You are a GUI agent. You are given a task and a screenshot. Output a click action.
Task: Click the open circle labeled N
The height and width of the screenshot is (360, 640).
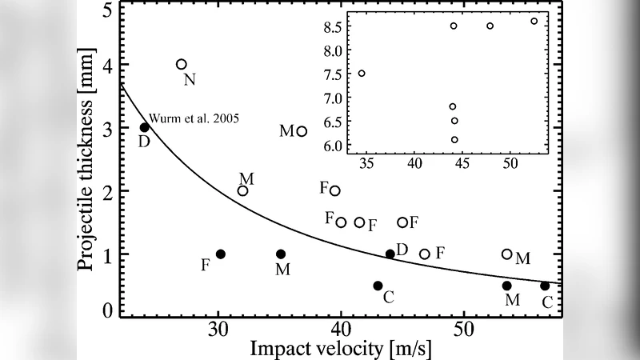tap(182, 64)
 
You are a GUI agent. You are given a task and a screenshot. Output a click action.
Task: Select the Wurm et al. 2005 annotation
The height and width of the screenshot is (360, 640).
tap(195, 118)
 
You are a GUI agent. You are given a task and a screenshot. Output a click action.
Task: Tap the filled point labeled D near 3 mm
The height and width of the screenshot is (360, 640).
tap(145, 128)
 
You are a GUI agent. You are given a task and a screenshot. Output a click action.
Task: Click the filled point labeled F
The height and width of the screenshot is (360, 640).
tap(221, 254)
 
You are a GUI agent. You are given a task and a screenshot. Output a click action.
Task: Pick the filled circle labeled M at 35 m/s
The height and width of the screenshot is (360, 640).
tap(281, 254)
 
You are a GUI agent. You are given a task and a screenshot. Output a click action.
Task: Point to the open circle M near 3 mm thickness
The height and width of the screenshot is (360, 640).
tap(302, 131)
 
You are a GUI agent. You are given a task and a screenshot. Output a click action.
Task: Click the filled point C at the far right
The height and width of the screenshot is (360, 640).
tap(545, 286)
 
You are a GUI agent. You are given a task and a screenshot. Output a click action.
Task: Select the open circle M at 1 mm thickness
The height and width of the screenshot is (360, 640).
tap(506, 254)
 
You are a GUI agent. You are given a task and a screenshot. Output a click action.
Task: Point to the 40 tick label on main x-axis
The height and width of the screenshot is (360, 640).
tap(341, 328)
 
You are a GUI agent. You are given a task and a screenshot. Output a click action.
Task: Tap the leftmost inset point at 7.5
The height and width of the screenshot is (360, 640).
tap(362, 74)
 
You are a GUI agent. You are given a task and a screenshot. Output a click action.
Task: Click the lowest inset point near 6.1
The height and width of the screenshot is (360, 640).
tap(454, 139)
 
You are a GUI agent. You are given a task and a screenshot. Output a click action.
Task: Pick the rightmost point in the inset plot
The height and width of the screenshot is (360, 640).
tap(534, 21)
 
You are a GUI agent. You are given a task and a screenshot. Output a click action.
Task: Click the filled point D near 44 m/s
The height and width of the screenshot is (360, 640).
tap(390, 254)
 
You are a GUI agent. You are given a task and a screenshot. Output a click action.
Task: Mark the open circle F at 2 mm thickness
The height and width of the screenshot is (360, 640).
tap(335, 190)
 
